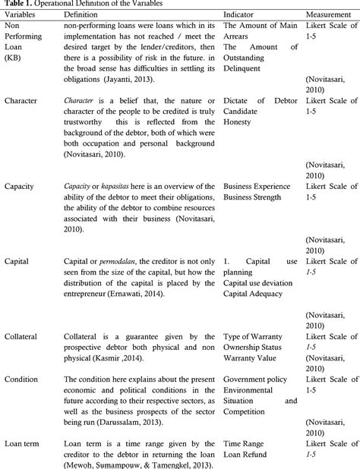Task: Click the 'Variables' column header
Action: tap(23, 14)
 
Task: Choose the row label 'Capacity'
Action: tap(21, 186)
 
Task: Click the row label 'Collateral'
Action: tap(22, 335)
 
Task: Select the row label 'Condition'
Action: tap(22, 378)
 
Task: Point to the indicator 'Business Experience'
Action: tap(261, 186)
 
